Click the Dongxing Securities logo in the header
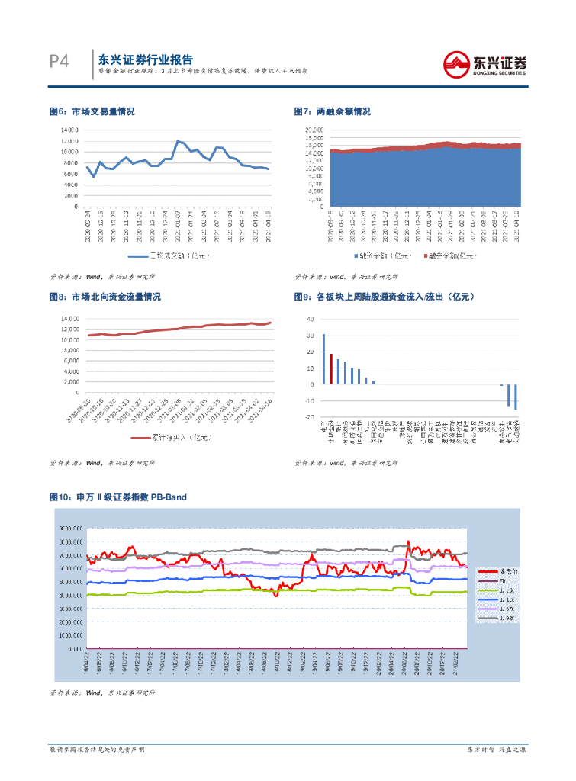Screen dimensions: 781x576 485,63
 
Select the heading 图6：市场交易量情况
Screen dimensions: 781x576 92,111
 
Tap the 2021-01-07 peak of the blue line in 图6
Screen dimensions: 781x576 178,141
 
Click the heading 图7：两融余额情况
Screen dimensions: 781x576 332,111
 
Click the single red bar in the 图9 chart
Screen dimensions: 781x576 331,368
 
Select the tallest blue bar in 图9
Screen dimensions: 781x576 323,358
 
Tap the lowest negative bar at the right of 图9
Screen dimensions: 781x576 516,397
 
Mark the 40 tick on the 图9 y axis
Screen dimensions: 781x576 311,319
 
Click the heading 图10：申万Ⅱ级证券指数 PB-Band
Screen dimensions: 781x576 117,497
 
